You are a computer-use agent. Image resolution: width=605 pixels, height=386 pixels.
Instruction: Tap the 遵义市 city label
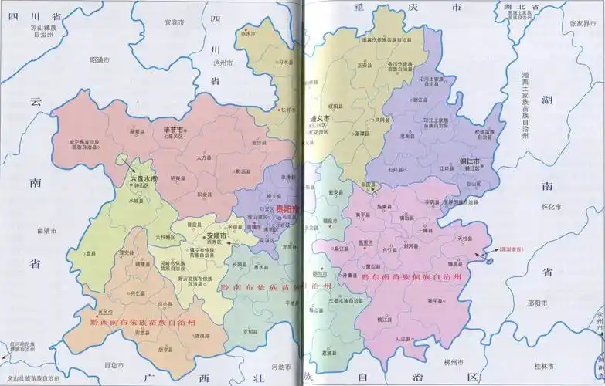coord(320,118)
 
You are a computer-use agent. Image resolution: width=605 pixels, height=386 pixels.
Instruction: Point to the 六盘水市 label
coord(143,178)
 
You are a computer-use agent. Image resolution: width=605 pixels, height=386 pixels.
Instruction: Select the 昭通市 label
coord(100,59)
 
